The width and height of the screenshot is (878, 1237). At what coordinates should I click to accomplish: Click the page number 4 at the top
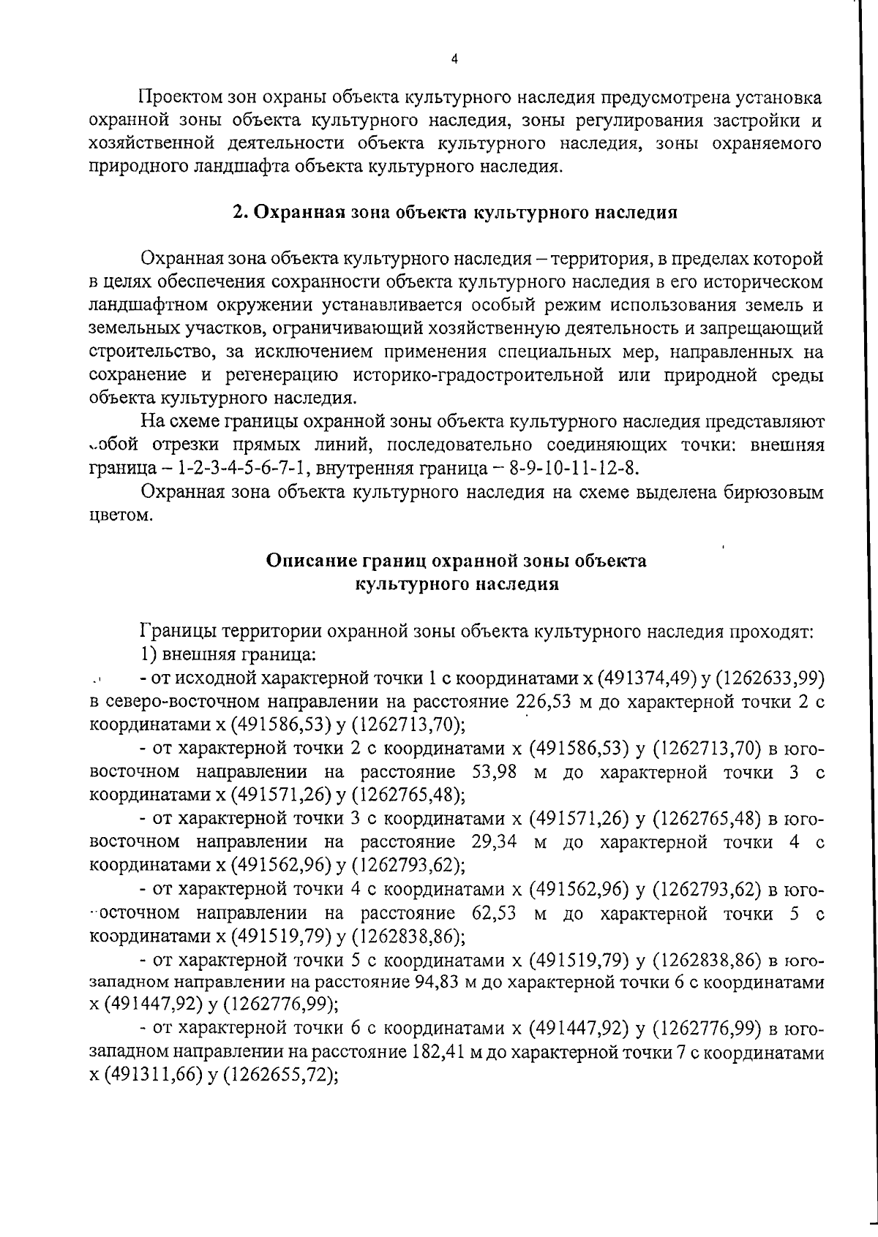(x=454, y=60)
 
